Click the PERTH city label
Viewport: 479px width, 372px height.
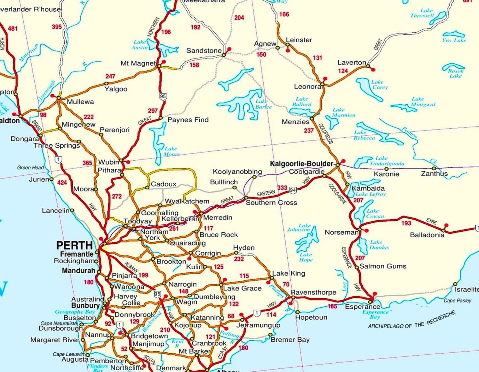point(74,245)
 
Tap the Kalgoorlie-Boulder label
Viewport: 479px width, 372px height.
point(301,164)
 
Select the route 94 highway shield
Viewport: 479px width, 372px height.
point(293,190)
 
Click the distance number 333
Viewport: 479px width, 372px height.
point(282,188)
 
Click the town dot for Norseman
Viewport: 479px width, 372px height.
point(360,229)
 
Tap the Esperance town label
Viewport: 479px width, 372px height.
point(358,307)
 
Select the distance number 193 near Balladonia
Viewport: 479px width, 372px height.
point(406,223)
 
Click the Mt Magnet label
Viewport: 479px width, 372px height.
point(138,63)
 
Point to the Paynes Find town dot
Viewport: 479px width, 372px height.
point(160,118)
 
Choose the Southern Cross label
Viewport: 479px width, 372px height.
point(271,203)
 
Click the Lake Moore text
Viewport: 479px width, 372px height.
point(171,151)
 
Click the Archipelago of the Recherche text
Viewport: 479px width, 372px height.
point(411,321)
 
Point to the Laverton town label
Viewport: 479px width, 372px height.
point(351,63)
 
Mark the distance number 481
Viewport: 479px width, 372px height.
point(13,29)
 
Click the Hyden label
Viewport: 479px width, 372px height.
point(244,248)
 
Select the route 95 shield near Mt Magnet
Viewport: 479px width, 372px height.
point(163,97)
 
